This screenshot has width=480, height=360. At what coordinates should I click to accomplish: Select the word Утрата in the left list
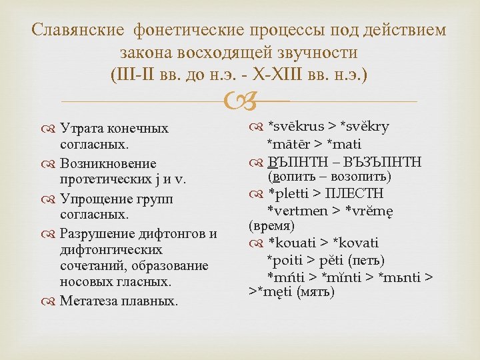[x=82, y=128]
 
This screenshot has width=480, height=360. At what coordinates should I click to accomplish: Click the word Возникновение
[x=108, y=163]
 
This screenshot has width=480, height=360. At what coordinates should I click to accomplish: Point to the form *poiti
[x=284, y=259]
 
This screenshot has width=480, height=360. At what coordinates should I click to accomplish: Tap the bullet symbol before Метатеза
[x=51, y=301]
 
